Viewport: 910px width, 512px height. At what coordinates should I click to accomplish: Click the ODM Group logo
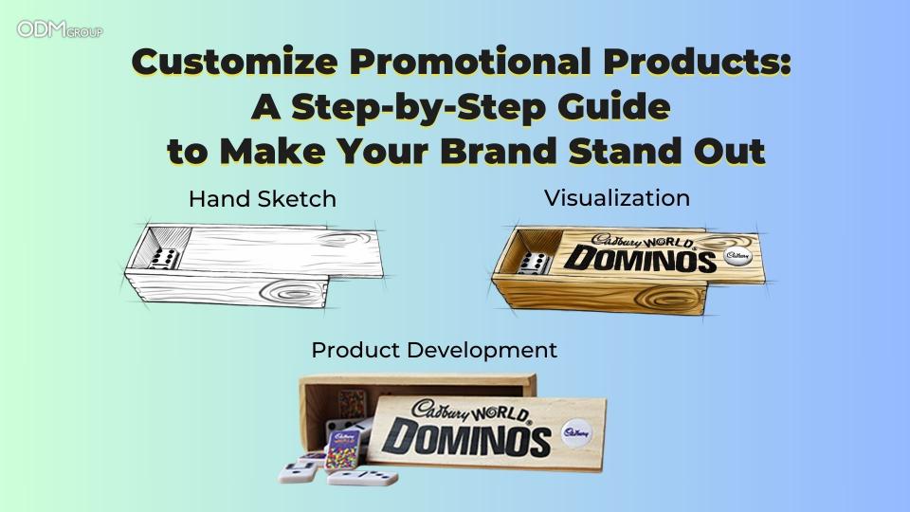[60, 29]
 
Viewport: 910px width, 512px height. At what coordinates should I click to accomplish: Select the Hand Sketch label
[262, 199]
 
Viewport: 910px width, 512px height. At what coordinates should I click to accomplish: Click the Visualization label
[616, 198]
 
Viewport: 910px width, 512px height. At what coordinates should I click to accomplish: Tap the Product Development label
[434, 350]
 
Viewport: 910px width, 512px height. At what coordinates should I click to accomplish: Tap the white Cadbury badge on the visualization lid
[737, 255]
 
